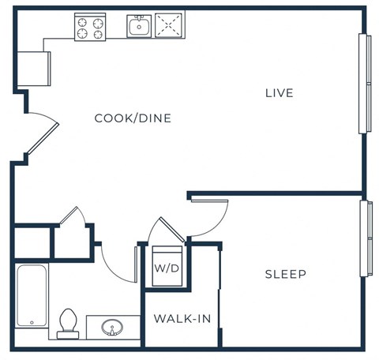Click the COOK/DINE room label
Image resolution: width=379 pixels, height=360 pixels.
(x=133, y=118)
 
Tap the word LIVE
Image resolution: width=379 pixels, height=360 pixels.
(x=279, y=93)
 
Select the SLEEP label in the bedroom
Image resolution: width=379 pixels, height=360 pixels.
(x=285, y=274)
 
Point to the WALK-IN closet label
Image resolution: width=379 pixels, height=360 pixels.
(x=181, y=319)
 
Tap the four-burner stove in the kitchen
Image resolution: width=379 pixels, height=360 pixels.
(x=89, y=27)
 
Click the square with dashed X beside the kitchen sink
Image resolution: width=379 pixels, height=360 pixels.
(x=167, y=26)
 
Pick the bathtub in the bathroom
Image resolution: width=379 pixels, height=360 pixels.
(x=32, y=296)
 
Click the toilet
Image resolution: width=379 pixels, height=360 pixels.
(x=68, y=321)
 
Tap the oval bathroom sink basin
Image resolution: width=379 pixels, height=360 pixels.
(x=112, y=326)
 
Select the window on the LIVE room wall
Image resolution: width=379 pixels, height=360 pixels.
(x=365, y=84)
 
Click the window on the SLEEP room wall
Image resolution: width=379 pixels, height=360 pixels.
(x=365, y=238)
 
